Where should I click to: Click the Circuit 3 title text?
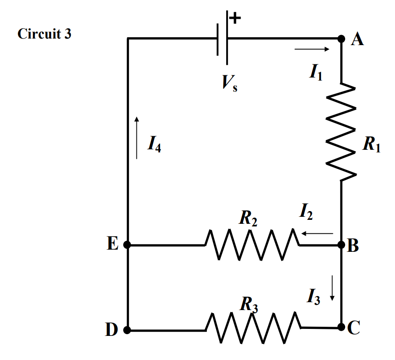pos(44,34)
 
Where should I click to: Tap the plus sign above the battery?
pos(235,18)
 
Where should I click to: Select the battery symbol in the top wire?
pos(223,39)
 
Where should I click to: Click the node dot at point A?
pos(342,39)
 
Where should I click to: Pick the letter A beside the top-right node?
pos(358,40)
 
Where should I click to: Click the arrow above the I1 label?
pos(311,49)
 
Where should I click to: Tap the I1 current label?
pos(315,71)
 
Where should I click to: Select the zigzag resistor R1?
pos(342,131)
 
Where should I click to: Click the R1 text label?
pos(371,145)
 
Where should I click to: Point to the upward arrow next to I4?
pos(137,138)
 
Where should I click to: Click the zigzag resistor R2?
pos(252,245)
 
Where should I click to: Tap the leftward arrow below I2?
pos(317,233)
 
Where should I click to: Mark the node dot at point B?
pos(342,245)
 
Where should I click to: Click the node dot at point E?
pos(127,245)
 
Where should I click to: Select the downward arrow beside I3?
pos(332,288)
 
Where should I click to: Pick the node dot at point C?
pos(342,327)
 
